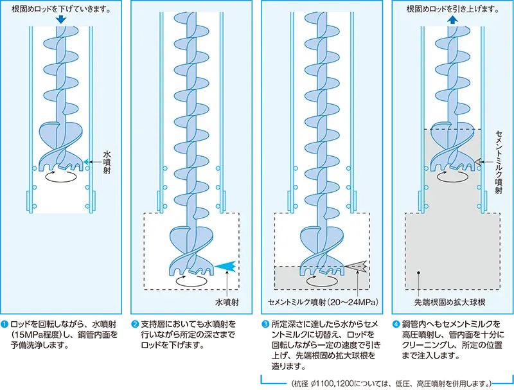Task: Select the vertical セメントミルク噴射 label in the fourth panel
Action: [499, 158]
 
